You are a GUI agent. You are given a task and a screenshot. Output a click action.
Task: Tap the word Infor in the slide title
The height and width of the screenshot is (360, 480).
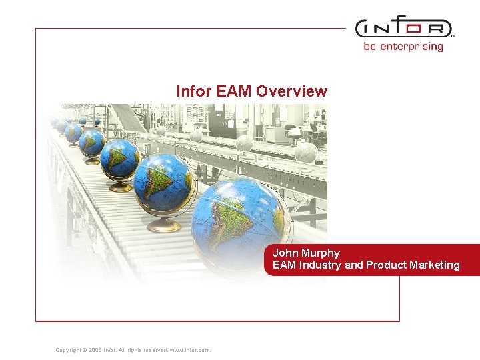click(x=194, y=91)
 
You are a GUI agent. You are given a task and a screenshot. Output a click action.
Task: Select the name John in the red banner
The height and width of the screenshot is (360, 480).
click(x=285, y=253)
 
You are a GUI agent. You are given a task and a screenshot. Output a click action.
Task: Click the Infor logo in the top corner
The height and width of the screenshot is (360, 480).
click(x=403, y=29)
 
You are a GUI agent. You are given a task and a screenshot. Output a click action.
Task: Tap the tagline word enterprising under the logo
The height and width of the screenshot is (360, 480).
click(x=411, y=47)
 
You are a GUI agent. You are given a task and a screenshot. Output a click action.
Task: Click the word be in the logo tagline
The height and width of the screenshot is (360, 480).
click(x=370, y=47)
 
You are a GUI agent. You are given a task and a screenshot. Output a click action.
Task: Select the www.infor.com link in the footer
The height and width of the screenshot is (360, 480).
click(x=191, y=350)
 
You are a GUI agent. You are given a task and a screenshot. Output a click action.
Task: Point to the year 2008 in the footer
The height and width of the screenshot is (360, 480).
click(x=95, y=350)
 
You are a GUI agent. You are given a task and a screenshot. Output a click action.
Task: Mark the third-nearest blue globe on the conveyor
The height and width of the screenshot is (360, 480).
click(x=120, y=159)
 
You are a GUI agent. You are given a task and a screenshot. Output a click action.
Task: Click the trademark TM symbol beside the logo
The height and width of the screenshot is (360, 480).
click(x=453, y=37)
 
